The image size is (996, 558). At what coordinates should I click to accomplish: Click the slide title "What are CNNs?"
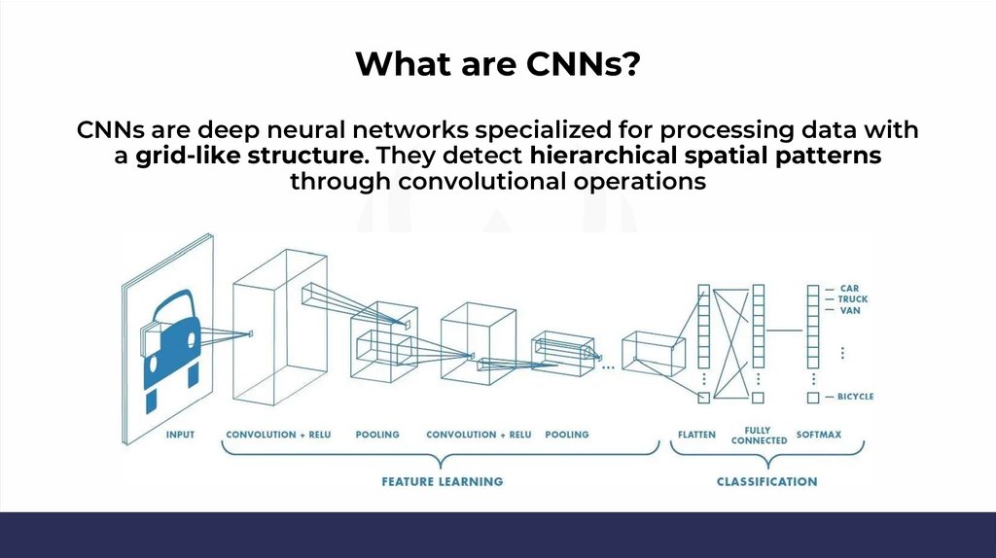pos(497,64)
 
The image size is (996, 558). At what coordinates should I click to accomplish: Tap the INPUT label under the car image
pos(180,435)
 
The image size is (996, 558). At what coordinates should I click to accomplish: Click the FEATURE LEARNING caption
pos(442,481)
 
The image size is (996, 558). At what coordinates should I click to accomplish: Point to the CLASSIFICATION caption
pos(766,481)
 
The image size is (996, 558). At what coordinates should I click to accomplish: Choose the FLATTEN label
pos(696,435)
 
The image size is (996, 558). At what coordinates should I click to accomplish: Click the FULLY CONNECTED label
pos(759,435)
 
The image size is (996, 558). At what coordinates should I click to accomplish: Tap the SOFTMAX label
pos(819,435)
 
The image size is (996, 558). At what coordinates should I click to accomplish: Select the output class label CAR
pos(849,289)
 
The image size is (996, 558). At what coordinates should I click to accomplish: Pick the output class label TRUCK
pos(853,299)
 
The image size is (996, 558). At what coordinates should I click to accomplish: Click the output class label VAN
pos(849,310)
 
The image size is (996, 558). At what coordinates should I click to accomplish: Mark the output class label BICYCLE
pos(856,397)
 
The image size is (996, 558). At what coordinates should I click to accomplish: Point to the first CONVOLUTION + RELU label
pos(278,435)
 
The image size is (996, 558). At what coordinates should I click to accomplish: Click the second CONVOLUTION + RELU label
pos(479,435)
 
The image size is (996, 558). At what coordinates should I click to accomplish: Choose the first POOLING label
pos(377,435)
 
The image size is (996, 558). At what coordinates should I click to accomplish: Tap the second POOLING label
pos(567,435)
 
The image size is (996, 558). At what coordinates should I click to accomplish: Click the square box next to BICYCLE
pos(813,398)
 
